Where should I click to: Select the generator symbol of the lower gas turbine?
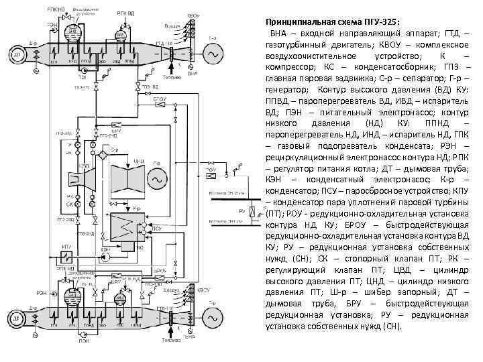pyautogui.click(x=215, y=314)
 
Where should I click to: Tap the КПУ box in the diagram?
pyautogui.click(x=66, y=256)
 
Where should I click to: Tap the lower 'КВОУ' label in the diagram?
pyautogui.click(x=203, y=290)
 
